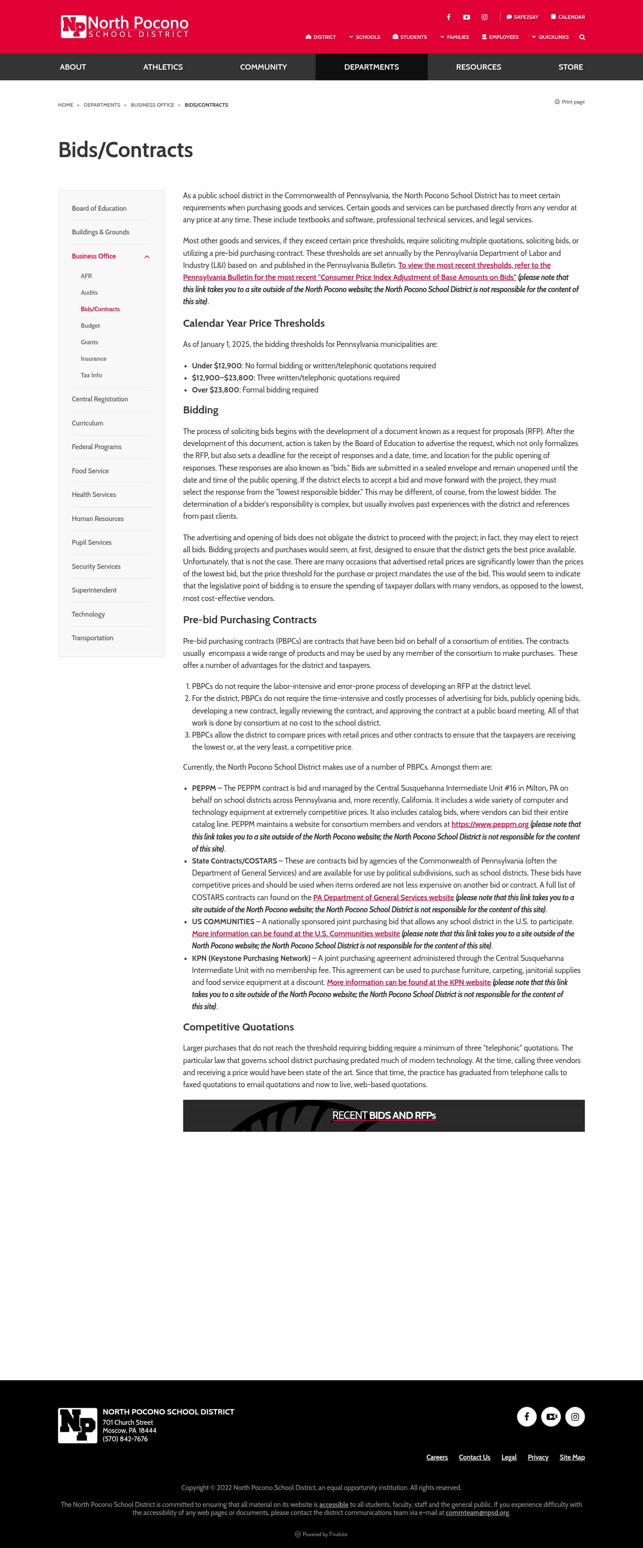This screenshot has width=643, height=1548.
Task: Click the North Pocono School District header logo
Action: (125, 26)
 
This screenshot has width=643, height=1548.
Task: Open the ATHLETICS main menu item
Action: (163, 67)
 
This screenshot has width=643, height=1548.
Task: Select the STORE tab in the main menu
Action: (570, 67)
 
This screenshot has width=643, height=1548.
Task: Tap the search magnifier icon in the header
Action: (582, 37)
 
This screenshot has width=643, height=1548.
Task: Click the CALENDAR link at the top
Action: (568, 17)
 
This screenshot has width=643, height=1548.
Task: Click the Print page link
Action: (570, 102)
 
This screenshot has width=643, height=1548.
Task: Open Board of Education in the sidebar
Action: (99, 209)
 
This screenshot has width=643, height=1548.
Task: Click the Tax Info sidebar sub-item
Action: (92, 375)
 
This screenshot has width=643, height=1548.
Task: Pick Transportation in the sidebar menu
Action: (92, 638)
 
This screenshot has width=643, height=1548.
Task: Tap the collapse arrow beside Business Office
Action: (146, 257)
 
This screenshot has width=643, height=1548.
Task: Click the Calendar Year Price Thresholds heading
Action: (254, 323)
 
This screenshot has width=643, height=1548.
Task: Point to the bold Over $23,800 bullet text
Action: (215, 390)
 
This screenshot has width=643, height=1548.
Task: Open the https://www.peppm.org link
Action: (490, 825)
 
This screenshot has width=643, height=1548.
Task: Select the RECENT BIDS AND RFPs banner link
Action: (384, 1115)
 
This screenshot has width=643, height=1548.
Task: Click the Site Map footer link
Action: (572, 1457)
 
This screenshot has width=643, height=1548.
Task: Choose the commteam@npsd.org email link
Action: (477, 1513)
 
